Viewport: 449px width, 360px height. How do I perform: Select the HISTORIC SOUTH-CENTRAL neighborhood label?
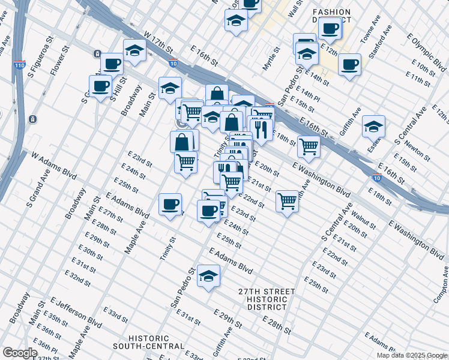point(149,342)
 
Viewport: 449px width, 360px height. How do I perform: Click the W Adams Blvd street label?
point(55,166)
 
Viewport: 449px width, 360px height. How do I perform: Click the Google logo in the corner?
point(20,353)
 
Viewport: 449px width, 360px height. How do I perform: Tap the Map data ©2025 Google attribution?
point(411,355)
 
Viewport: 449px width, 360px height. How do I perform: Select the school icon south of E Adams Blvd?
point(208,276)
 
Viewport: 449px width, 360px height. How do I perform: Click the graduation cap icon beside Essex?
point(373,127)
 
